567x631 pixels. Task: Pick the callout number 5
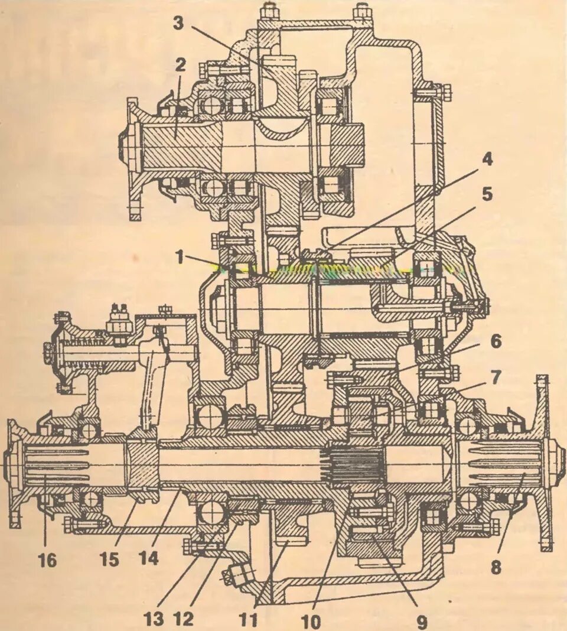[x=487, y=195]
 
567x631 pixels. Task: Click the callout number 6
[x=495, y=341]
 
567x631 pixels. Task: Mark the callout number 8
[x=495, y=568]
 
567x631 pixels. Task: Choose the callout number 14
[x=149, y=558]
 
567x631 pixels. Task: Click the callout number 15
[x=109, y=558]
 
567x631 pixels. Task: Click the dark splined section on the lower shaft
[x=351, y=464]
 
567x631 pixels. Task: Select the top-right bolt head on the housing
[x=361, y=11]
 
